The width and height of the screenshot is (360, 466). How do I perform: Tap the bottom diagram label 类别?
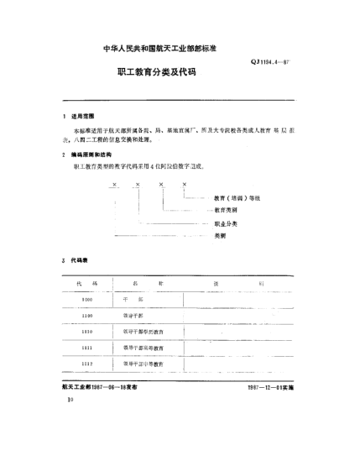[220, 238]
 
